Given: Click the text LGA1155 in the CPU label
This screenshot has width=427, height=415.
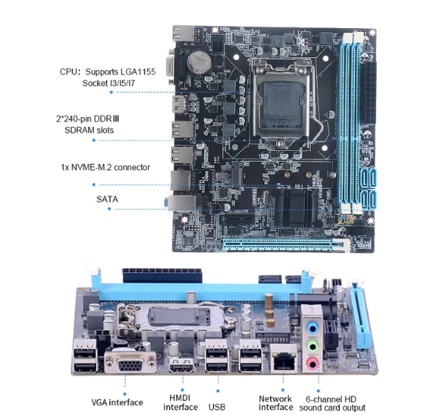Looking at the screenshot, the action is pyautogui.click(x=138, y=72).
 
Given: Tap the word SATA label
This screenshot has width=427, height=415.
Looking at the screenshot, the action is pyautogui.click(x=107, y=199).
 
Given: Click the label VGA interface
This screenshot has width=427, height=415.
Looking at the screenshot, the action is pyautogui.click(x=117, y=402).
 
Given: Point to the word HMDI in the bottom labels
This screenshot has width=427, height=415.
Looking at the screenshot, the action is pyautogui.click(x=180, y=398).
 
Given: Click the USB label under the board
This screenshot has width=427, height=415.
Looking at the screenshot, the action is pyautogui.click(x=217, y=407).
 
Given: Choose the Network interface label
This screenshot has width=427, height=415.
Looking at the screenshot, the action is pyautogui.click(x=275, y=403).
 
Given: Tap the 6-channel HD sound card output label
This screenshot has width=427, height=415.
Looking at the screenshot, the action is pyautogui.click(x=332, y=404).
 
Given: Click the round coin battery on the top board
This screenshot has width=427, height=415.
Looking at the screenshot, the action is pyautogui.click(x=199, y=62).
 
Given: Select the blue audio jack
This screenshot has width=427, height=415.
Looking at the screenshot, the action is pyautogui.click(x=312, y=328).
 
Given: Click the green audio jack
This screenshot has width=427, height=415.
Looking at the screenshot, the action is pyautogui.click(x=312, y=346).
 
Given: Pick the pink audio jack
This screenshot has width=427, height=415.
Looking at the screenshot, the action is pyautogui.click(x=312, y=363).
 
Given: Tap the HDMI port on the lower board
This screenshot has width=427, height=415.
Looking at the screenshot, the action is pyautogui.click(x=181, y=365).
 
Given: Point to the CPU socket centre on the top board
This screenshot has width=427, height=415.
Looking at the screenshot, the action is pyautogui.click(x=281, y=105).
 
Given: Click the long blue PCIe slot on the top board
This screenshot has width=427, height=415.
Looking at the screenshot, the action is pyautogui.click(x=278, y=245).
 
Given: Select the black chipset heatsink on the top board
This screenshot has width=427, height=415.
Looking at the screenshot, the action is pyautogui.click(x=295, y=207).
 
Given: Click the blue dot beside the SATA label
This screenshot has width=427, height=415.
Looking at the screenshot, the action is pyautogui.click(x=110, y=209).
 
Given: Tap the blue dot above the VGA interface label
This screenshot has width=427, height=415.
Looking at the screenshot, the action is pyautogui.click(x=125, y=394).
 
